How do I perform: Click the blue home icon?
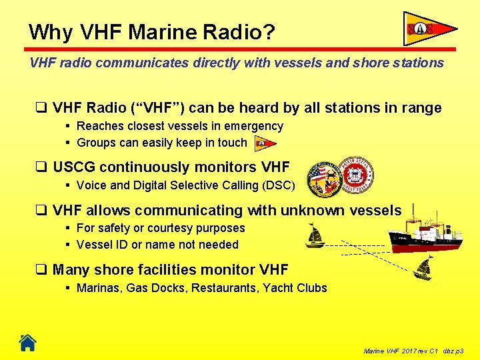click(27, 343)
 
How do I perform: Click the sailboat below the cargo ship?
click(423, 269)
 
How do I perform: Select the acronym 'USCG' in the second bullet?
click(75, 167)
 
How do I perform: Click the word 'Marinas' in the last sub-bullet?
click(98, 288)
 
